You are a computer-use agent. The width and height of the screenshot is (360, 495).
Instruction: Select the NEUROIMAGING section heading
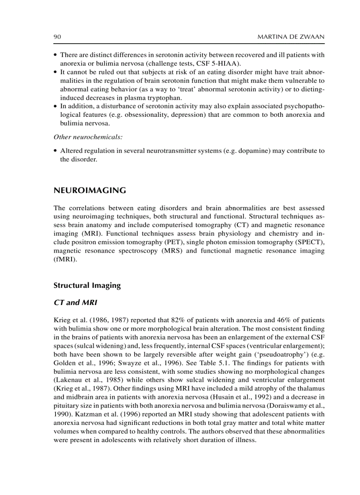90,190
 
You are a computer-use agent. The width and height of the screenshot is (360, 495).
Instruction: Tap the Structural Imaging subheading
87,285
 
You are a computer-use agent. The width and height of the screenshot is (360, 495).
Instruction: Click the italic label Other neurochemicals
88,137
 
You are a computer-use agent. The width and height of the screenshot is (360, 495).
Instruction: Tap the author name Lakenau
69,380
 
